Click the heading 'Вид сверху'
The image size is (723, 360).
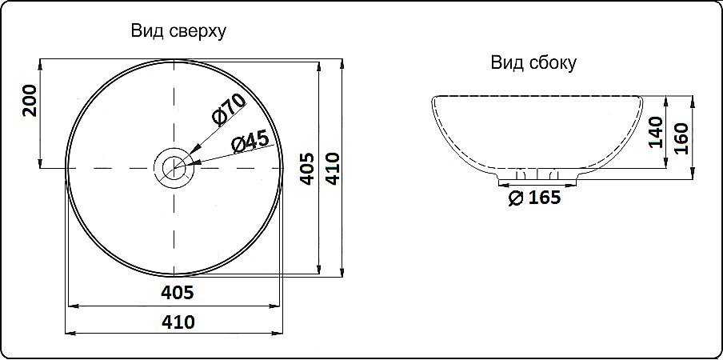pos(178,31)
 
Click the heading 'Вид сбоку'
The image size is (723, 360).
pos(533,63)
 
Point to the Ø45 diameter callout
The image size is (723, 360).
pos(249,142)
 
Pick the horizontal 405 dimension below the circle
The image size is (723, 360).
pos(177,292)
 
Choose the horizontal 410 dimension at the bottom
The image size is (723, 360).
pos(178,322)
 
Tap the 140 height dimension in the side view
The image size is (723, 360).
pos(655,133)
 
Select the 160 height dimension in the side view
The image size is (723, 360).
pos(682,138)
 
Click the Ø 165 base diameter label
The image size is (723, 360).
pos(534,198)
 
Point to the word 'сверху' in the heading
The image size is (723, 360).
pos(198,32)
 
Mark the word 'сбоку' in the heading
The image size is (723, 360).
pos(552,63)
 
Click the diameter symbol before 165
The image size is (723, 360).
pos(516,198)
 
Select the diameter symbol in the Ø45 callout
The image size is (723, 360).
pos(237,145)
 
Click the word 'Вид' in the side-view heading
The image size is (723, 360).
pos(506,63)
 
